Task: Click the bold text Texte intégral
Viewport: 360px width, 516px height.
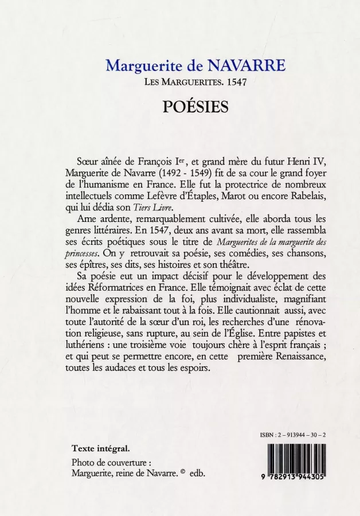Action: pos(100,448)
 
